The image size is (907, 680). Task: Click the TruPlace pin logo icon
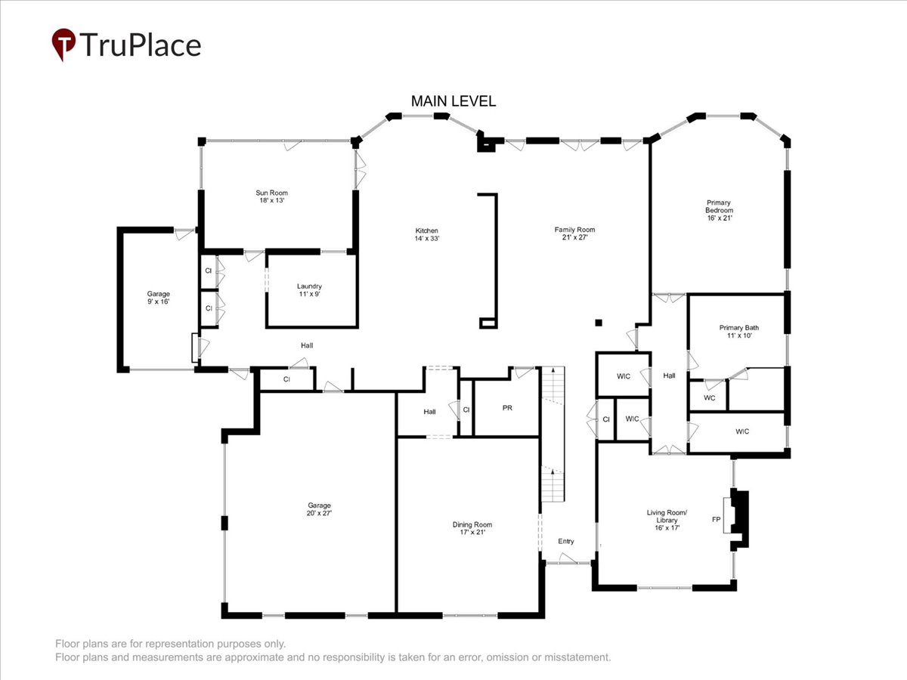click(63, 44)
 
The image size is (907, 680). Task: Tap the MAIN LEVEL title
click(453, 101)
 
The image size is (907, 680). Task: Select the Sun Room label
click(271, 196)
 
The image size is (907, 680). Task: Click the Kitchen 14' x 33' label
click(427, 234)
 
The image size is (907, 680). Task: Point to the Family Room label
click(574, 233)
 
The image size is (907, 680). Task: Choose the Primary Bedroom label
click(719, 210)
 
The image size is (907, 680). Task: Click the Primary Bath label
click(738, 331)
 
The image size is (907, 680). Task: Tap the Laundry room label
click(309, 290)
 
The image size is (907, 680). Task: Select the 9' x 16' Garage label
click(158, 297)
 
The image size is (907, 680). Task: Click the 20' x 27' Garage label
click(319, 509)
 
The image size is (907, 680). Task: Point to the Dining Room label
click(472, 528)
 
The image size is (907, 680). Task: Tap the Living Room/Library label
click(667, 520)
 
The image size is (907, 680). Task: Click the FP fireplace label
click(716, 519)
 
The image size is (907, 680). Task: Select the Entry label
click(565, 541)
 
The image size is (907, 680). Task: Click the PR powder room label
click(507, 407)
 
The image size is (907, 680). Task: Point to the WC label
click(710, 397)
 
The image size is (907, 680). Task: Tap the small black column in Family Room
click(599, 323)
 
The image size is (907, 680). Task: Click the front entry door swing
click(568, 558)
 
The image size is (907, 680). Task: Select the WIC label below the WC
click(742, 431)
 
